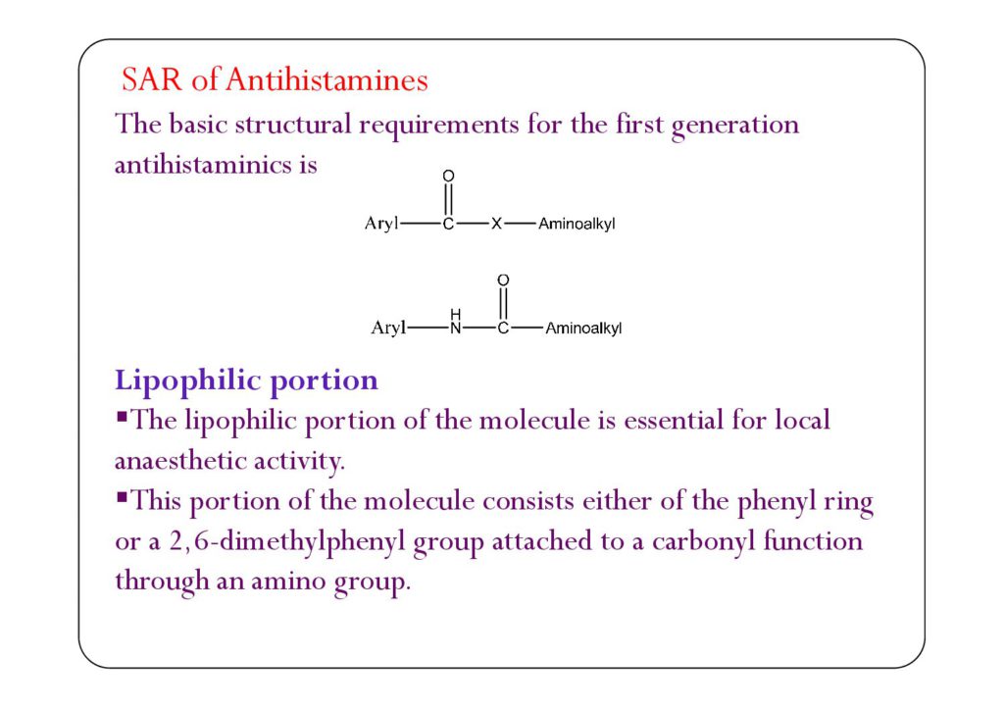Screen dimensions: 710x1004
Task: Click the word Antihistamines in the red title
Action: pyautogui.click(x=326, y=79)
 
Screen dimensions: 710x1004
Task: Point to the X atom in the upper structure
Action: pyautogui.click(x=496, y=225)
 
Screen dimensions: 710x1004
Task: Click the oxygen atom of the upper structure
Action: pyautogui.click(x=448, y=177)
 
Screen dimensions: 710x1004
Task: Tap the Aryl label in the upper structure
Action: pyautogui.click(x=382, y=225)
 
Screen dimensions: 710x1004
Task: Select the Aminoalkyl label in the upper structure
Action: pyautogui.click(x=577, y=225)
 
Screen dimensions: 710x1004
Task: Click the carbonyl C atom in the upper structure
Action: pyautogui.click(x=448, y=225)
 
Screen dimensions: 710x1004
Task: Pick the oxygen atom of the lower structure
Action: pyautogui.click(x=503, y=280)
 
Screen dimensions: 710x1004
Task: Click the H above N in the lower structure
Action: pyautogui.click(x=455, y=314)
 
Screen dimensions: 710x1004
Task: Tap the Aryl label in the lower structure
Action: pyautogui.click(x=388, y=329)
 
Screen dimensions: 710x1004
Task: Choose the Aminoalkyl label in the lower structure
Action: pyautogui.click(x=583, y=329)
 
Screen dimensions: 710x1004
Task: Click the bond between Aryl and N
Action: pyautogui.click(x=427, y=329)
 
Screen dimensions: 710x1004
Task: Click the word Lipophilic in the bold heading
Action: pyautogui.click(x=180, y=380)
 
